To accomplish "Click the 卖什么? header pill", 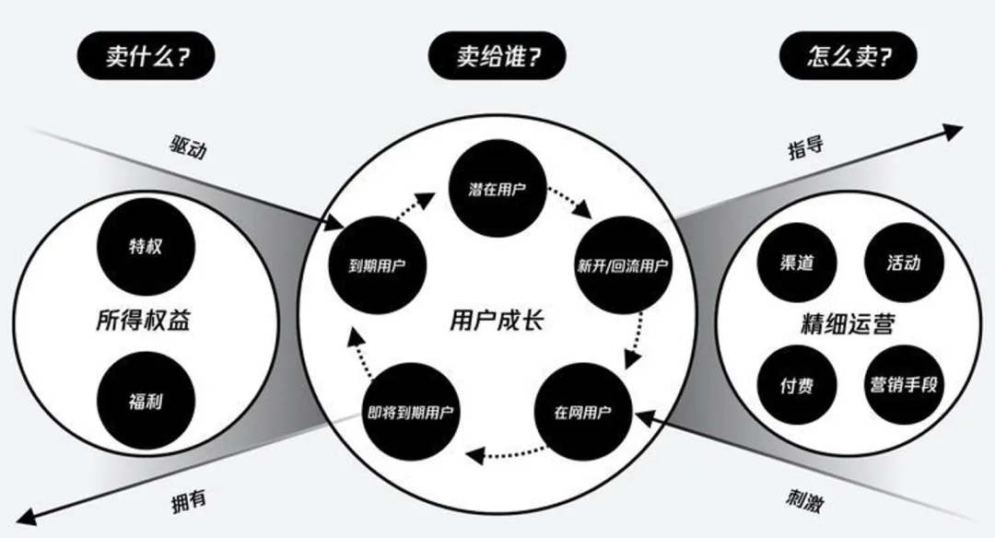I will (x=146, y=57).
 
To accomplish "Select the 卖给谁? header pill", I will (x=497, y=57).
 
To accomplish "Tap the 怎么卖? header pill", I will (x=848, y=57).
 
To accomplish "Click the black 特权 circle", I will (x=146, y=246).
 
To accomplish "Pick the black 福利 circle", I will (x=146, y=402).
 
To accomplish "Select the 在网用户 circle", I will (x=581, y=412).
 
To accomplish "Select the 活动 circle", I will (x=903, y=263).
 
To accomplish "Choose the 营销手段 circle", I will (x=903, y=384).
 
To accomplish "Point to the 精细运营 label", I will (x=849, y=324).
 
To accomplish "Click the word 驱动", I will (x=188, y=146).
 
